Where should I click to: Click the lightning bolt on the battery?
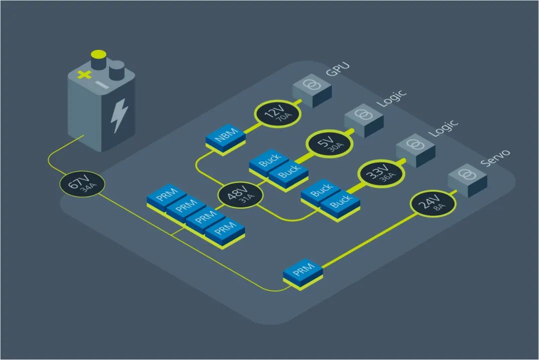(119, 115)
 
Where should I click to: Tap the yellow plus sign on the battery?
(85, 75)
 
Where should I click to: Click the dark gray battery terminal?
(117, 70)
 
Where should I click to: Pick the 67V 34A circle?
(82, 186)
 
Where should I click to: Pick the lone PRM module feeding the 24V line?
(303, 272)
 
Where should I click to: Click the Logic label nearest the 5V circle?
(392, 98)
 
